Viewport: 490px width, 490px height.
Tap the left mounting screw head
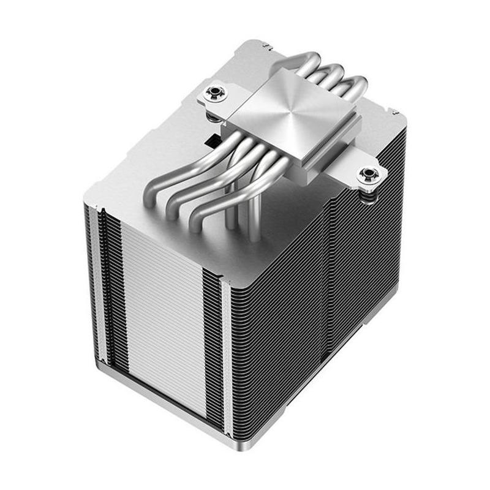click(215, 93)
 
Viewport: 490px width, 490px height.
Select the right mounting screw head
click(369, 175)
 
